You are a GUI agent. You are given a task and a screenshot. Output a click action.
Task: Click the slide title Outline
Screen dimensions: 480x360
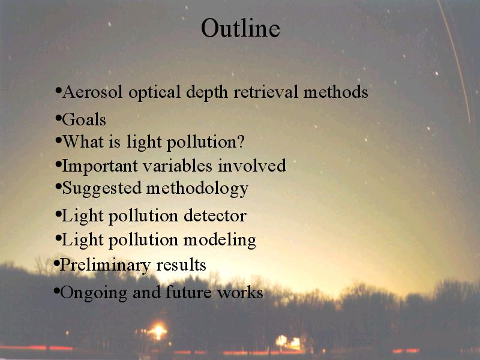tap(241, 28)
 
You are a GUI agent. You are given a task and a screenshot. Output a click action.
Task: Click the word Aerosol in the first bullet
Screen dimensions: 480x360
tap(92, 92)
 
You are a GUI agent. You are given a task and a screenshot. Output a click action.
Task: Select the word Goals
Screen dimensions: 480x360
tap(84, 119)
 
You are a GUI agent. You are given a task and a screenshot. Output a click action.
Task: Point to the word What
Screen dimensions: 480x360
tap(83, 142)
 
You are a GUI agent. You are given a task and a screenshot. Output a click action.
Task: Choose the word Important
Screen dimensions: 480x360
tap(100, 166)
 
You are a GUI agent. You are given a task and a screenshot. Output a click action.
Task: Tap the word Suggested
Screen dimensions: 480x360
tap(101, 188)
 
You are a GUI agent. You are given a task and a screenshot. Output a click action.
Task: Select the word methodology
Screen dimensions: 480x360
tap(197, 188)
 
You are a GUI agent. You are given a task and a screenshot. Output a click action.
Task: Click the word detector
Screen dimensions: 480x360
tap(215, 215)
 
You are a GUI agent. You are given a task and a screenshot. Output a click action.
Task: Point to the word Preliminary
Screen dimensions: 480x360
tap(105, 265)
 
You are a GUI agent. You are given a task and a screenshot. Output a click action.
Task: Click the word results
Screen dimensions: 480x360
tap(181, 265)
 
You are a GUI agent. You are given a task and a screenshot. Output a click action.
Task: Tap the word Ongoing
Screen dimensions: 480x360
tap(94, 293)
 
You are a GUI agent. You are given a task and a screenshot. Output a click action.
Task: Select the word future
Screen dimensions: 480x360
tap(188, 292)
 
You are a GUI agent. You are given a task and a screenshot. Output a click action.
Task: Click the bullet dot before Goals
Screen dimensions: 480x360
tap(58, 118)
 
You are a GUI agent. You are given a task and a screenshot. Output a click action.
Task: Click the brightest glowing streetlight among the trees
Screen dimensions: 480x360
tap(158, 331)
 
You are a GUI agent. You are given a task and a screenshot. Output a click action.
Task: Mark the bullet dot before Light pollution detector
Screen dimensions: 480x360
tap(58, 214)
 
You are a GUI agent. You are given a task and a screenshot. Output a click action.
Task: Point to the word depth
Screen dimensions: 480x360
tap(207, 92)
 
